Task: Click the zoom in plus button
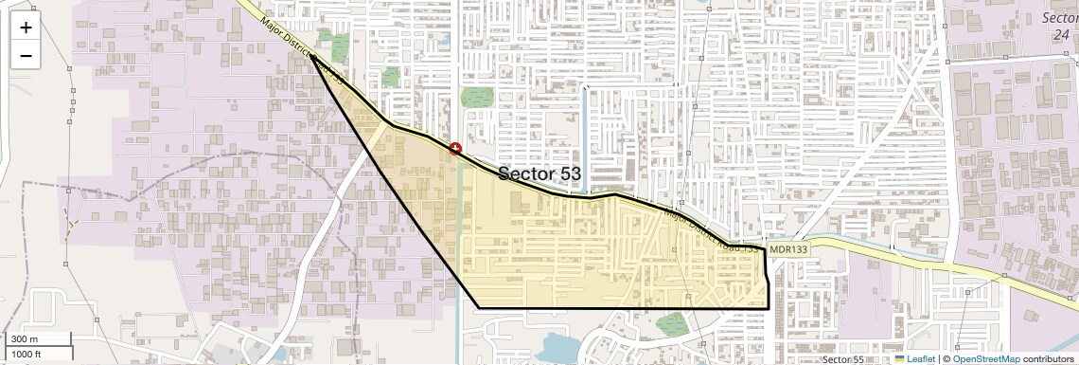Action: [26, 27]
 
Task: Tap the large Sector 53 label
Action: [539, 173]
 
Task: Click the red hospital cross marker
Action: [455, 149]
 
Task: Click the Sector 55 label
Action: [842, 360]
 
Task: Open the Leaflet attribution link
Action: [921, 359]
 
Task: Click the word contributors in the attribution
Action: [1048, 359]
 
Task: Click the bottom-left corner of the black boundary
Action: [479, 308]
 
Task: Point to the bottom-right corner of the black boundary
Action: [766, 308]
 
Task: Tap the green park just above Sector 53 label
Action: [477, 97]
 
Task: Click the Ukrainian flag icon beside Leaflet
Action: [900, 359]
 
